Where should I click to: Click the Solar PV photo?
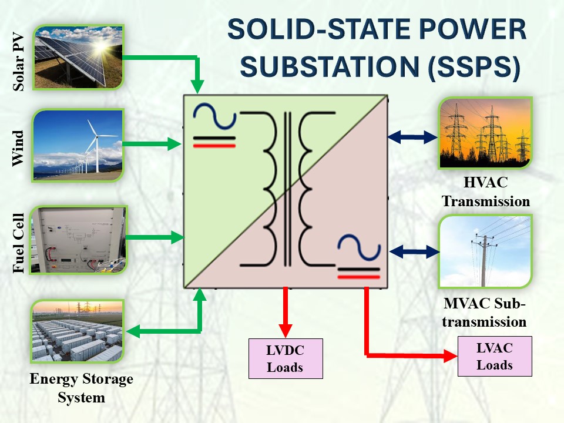[x=79, y=57]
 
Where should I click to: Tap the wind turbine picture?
[x=79, y=143]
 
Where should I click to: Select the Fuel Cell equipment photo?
[x=79, y=239]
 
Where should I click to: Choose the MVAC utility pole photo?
[x=485, y=251]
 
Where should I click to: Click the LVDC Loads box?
[x=286, y=358]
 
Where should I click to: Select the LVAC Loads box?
[x=495, y=356]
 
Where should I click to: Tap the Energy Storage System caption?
[x=81, y=388]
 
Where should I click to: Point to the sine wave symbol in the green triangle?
[x=214, y=116]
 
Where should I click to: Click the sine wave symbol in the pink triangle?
[x=358, y=248]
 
